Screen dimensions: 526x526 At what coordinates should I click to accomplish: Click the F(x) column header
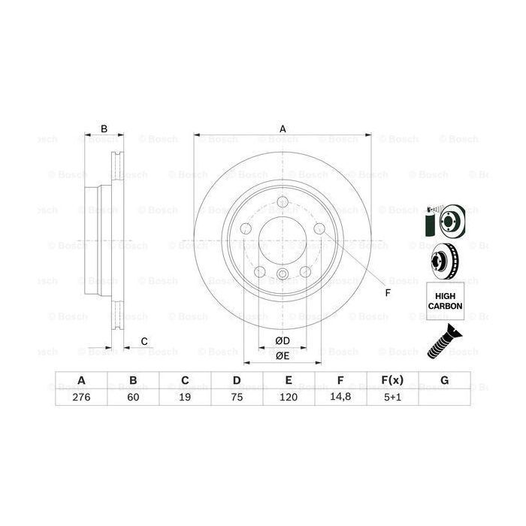[x=392, y=380]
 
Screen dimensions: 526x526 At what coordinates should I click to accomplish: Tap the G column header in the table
[x=444, y=380]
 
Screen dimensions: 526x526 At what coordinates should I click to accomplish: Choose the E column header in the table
[x=289, y=380]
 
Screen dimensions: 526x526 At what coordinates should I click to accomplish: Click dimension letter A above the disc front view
[x=283, y=128]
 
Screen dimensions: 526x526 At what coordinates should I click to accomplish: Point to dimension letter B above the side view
[x=104, y=128]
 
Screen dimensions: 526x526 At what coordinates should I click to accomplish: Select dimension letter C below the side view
[x=144, y=342]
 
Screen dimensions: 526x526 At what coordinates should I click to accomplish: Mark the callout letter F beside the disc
[x=388, y=292]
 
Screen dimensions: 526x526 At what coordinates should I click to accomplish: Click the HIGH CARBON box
[x=444, y=302]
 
